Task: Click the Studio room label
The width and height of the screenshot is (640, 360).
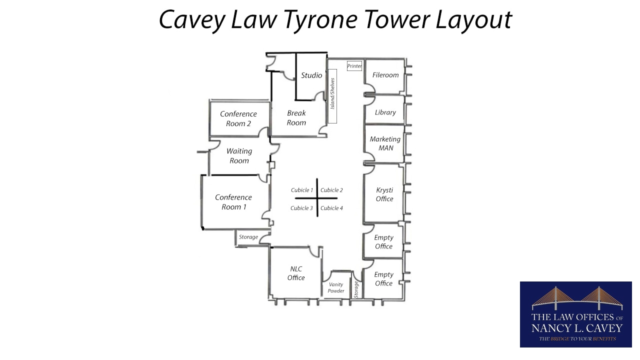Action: [x=311, y=75]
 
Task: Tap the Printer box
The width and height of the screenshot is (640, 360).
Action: [x=354, y=66]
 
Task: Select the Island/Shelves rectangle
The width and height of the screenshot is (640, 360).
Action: [x=332, y=96]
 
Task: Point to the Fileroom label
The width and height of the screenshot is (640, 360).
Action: [x=385, y=75]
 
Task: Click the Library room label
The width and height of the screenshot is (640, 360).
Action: [x=385, y=112]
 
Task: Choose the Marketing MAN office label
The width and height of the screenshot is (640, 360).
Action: [x=385, y=143]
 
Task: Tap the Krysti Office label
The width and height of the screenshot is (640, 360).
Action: [x=384, y=194]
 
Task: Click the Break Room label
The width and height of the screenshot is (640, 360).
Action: [x=296, y=117]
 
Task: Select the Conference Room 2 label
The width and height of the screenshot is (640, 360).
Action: [x=238, y=119]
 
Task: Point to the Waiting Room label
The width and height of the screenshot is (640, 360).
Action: [x=239, y=155]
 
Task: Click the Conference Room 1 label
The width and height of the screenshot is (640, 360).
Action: [x=233, y=202]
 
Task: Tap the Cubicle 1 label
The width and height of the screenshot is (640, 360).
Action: [x=302, y=190]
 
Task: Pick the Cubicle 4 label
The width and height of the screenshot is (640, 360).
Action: [x=331, y=208]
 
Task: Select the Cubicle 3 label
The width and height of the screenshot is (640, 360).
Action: [x=301, y=208]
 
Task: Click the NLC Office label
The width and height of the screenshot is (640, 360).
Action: [x=296, y=273]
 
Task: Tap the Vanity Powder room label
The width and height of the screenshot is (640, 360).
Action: [x=336, y=287]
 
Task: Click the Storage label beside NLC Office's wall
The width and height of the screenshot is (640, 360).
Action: [x=248, y=237]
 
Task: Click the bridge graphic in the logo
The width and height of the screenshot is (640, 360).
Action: [x=577, y=298]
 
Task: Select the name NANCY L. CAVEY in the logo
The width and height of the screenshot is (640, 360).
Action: [x=577, y=328]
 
